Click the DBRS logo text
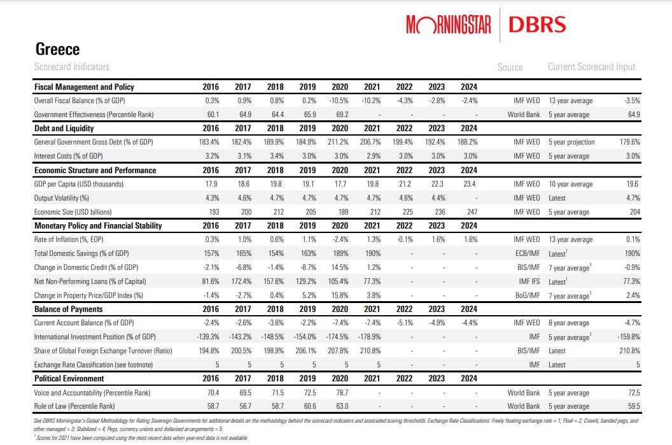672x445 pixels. click(x=537, y=25)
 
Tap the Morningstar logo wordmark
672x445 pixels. click(x=448, y=25)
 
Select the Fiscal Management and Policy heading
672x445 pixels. click(x=84, y=87)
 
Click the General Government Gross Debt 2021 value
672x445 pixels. click(x=370, y=142)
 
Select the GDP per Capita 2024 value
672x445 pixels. click(x=469, y=184)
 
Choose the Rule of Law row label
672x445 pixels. click(x=75, y=406)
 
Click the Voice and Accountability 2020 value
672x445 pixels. click(x=340, y=393)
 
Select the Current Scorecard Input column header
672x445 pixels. click(x=591, y=67)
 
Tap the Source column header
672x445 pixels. click(x=510, y=67)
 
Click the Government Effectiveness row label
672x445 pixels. click(x=94, y=115)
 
